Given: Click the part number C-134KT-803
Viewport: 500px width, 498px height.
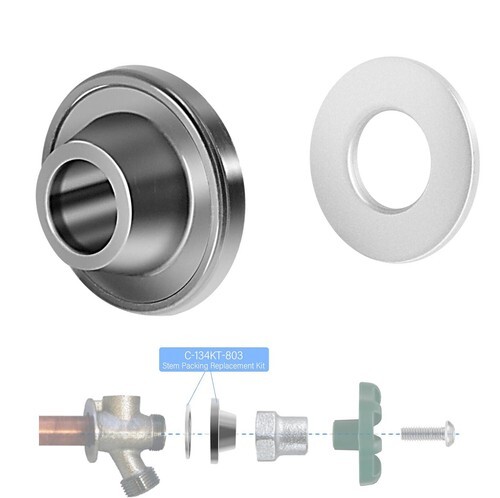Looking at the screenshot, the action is tap(214, 355).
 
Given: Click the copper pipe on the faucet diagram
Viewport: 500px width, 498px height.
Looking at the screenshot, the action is tap(63, 430).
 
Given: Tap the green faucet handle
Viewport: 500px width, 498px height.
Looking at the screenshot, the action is tap(358, 434).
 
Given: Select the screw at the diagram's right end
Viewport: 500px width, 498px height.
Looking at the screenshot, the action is tap(428, 434).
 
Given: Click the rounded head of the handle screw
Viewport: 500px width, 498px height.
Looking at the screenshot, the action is tap(448, 434).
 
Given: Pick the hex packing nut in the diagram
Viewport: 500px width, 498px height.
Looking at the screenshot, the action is tap(282, 436).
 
